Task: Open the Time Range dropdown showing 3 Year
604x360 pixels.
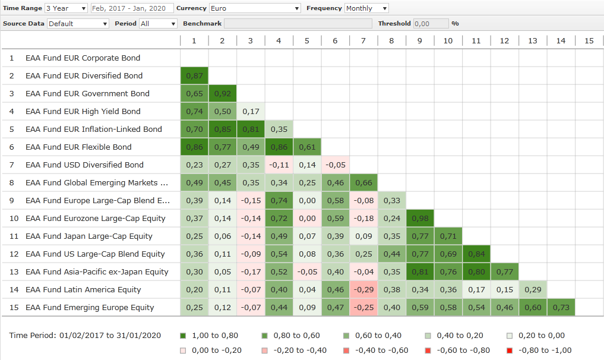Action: (x=67, y=8)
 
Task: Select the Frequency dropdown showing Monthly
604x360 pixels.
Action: (x=366, y=8)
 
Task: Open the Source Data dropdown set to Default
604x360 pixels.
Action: (x=78, y=24)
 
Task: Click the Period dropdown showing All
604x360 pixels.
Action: (x=158, y=24)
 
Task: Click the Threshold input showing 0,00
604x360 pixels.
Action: (x=431, y=24)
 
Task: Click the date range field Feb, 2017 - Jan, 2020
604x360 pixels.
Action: (x=132, y=8)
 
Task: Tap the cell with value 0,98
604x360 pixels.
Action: (x=420, y=219)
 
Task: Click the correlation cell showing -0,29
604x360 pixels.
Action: (x=363, y=290)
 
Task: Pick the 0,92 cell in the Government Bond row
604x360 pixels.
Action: (x=222, y=94)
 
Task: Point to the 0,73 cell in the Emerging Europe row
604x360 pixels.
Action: (x=561, y=308)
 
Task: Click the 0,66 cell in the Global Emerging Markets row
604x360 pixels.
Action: (x=363, y=183)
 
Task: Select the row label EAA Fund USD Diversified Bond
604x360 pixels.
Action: (x=84, y=165)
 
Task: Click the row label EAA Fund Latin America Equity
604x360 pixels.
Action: (x=83, y=290)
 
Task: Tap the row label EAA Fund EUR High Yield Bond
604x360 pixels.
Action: (x=83, y=112)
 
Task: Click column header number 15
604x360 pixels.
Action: (x=589, y=41)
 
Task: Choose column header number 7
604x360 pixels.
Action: (x=363, y=41)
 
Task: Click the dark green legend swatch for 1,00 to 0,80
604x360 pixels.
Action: (x=183, y=336)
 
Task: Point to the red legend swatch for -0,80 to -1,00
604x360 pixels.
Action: (x=510, y=350)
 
